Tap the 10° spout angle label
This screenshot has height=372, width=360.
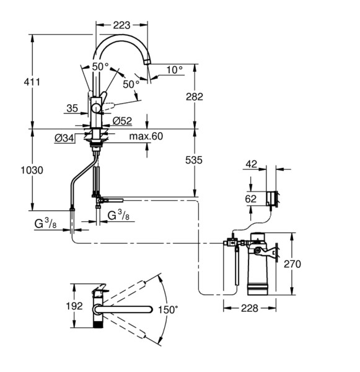pyautogui.click(x=175, y=70)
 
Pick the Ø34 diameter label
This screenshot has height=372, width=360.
pyautogui.click(x=64, y=138)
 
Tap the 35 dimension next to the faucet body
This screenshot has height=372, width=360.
pyautogui.click(x=72, y=108)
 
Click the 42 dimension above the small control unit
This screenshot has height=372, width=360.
pyautogui.click(x=250, y=164)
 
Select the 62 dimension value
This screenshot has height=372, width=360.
pyautogui.click(x=250, y=199)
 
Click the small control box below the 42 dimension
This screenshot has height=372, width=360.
pyautogui.click(x=271, y=198)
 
